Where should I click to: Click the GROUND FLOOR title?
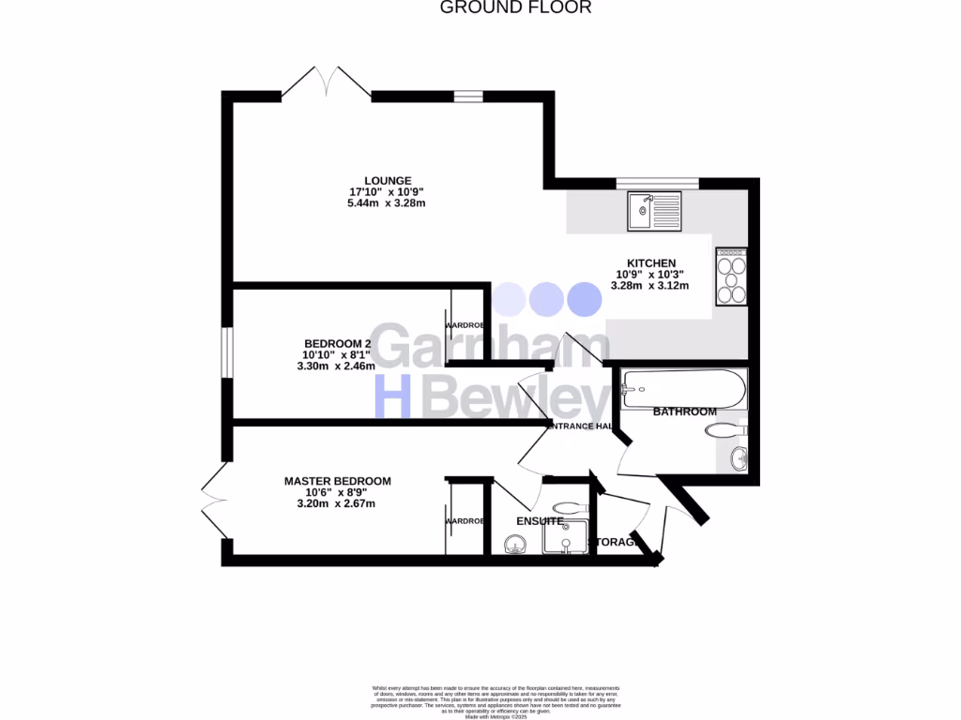point(515,7)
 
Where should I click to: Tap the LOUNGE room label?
point(388,181)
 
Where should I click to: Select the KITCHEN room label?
point(651,263)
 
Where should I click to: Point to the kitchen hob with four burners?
point(731,277)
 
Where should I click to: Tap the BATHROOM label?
point(684,412)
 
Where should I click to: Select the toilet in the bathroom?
point(722,430)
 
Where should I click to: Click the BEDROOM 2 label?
point(338,343)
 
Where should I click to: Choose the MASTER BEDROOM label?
point(338,481)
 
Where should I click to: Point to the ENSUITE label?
point(540,521)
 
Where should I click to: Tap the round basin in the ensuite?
point(514,544)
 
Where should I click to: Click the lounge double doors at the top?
point(326,82)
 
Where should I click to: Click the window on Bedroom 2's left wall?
point(226,352)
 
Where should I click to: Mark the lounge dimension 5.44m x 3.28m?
point(387,203)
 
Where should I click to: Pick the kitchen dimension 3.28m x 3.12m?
point(650,286)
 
